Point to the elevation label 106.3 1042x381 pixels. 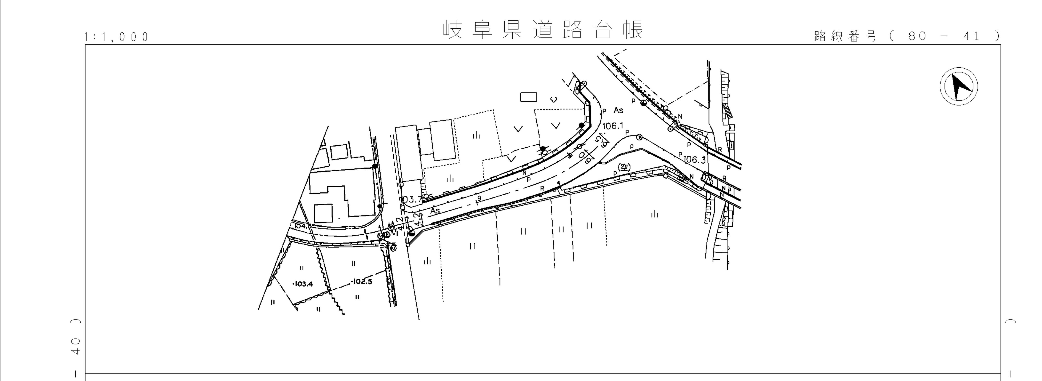coord(694,160)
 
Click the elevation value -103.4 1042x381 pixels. coord(302,284)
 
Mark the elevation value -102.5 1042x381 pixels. coord(361,281)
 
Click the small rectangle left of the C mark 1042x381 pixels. coord(528,97)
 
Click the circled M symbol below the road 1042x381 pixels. coord(394,249)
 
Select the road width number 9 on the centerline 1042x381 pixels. coord(479,198)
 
